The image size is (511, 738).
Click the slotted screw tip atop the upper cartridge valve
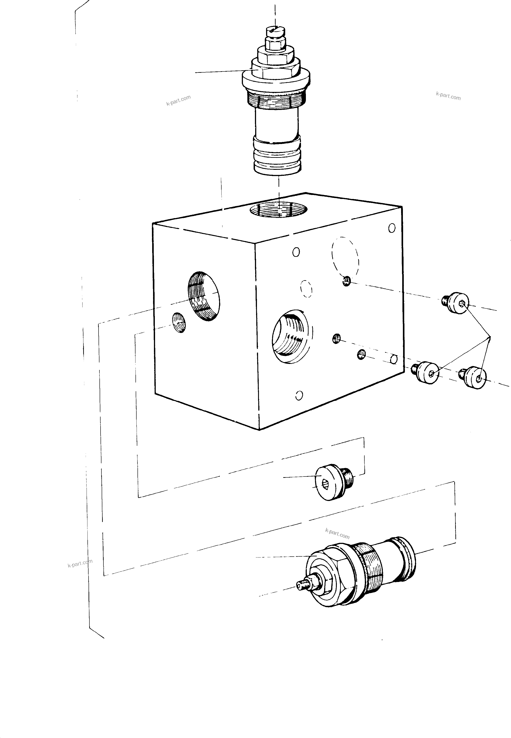[275, 31]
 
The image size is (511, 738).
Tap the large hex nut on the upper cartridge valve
[276, 71]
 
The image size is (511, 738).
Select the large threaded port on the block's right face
[292, 336]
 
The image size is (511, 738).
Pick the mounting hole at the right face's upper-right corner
[392, 228]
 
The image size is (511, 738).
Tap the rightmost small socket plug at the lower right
[475, 378]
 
